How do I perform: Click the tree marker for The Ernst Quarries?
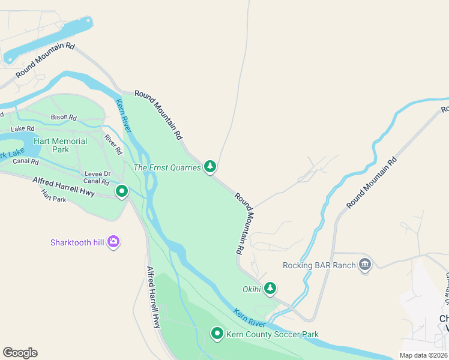tap(209, 166)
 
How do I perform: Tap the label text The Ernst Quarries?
tap(167, 168)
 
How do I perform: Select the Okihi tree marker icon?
tap(270, 289)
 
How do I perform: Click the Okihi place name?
tap(252, 290)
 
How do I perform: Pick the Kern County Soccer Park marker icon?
tap(217, 333)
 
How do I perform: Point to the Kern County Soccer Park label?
tap(273, 334)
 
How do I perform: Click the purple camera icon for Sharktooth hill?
tap(113, 242)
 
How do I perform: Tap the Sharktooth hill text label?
tap(77, 242)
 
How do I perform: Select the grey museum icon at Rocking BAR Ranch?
tap(364, 265)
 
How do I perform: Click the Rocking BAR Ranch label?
tap(319, 265)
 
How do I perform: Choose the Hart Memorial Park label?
tap(61, 145)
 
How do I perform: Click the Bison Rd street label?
tap(64, 117)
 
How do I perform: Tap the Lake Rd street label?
tap(23, 128)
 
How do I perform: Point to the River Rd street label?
tap(113, 143)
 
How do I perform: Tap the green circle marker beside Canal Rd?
tap(122, 191)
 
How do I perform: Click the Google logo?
tap(20, 353)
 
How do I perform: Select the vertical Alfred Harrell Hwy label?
tap(154, 298)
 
